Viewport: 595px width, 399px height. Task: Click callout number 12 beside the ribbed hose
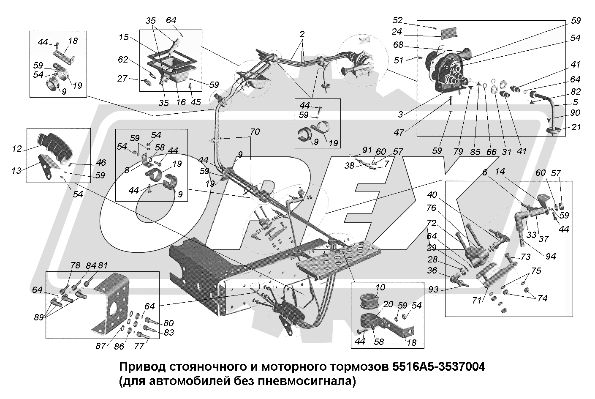point(17,149)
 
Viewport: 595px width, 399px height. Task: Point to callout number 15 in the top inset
point(123,37)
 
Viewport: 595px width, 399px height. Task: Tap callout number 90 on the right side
point(575,113)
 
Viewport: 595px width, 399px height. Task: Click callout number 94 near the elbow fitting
point(551,256)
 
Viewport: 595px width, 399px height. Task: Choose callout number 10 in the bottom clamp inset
point(380,288)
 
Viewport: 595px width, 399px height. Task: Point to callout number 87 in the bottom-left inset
point(100,346)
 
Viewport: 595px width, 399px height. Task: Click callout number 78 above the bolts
point(75,265)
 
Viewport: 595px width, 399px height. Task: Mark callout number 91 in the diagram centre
point(367,149)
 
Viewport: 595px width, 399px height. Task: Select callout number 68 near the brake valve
point(398,45)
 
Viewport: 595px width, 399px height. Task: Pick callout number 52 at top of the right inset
point(398,20)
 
